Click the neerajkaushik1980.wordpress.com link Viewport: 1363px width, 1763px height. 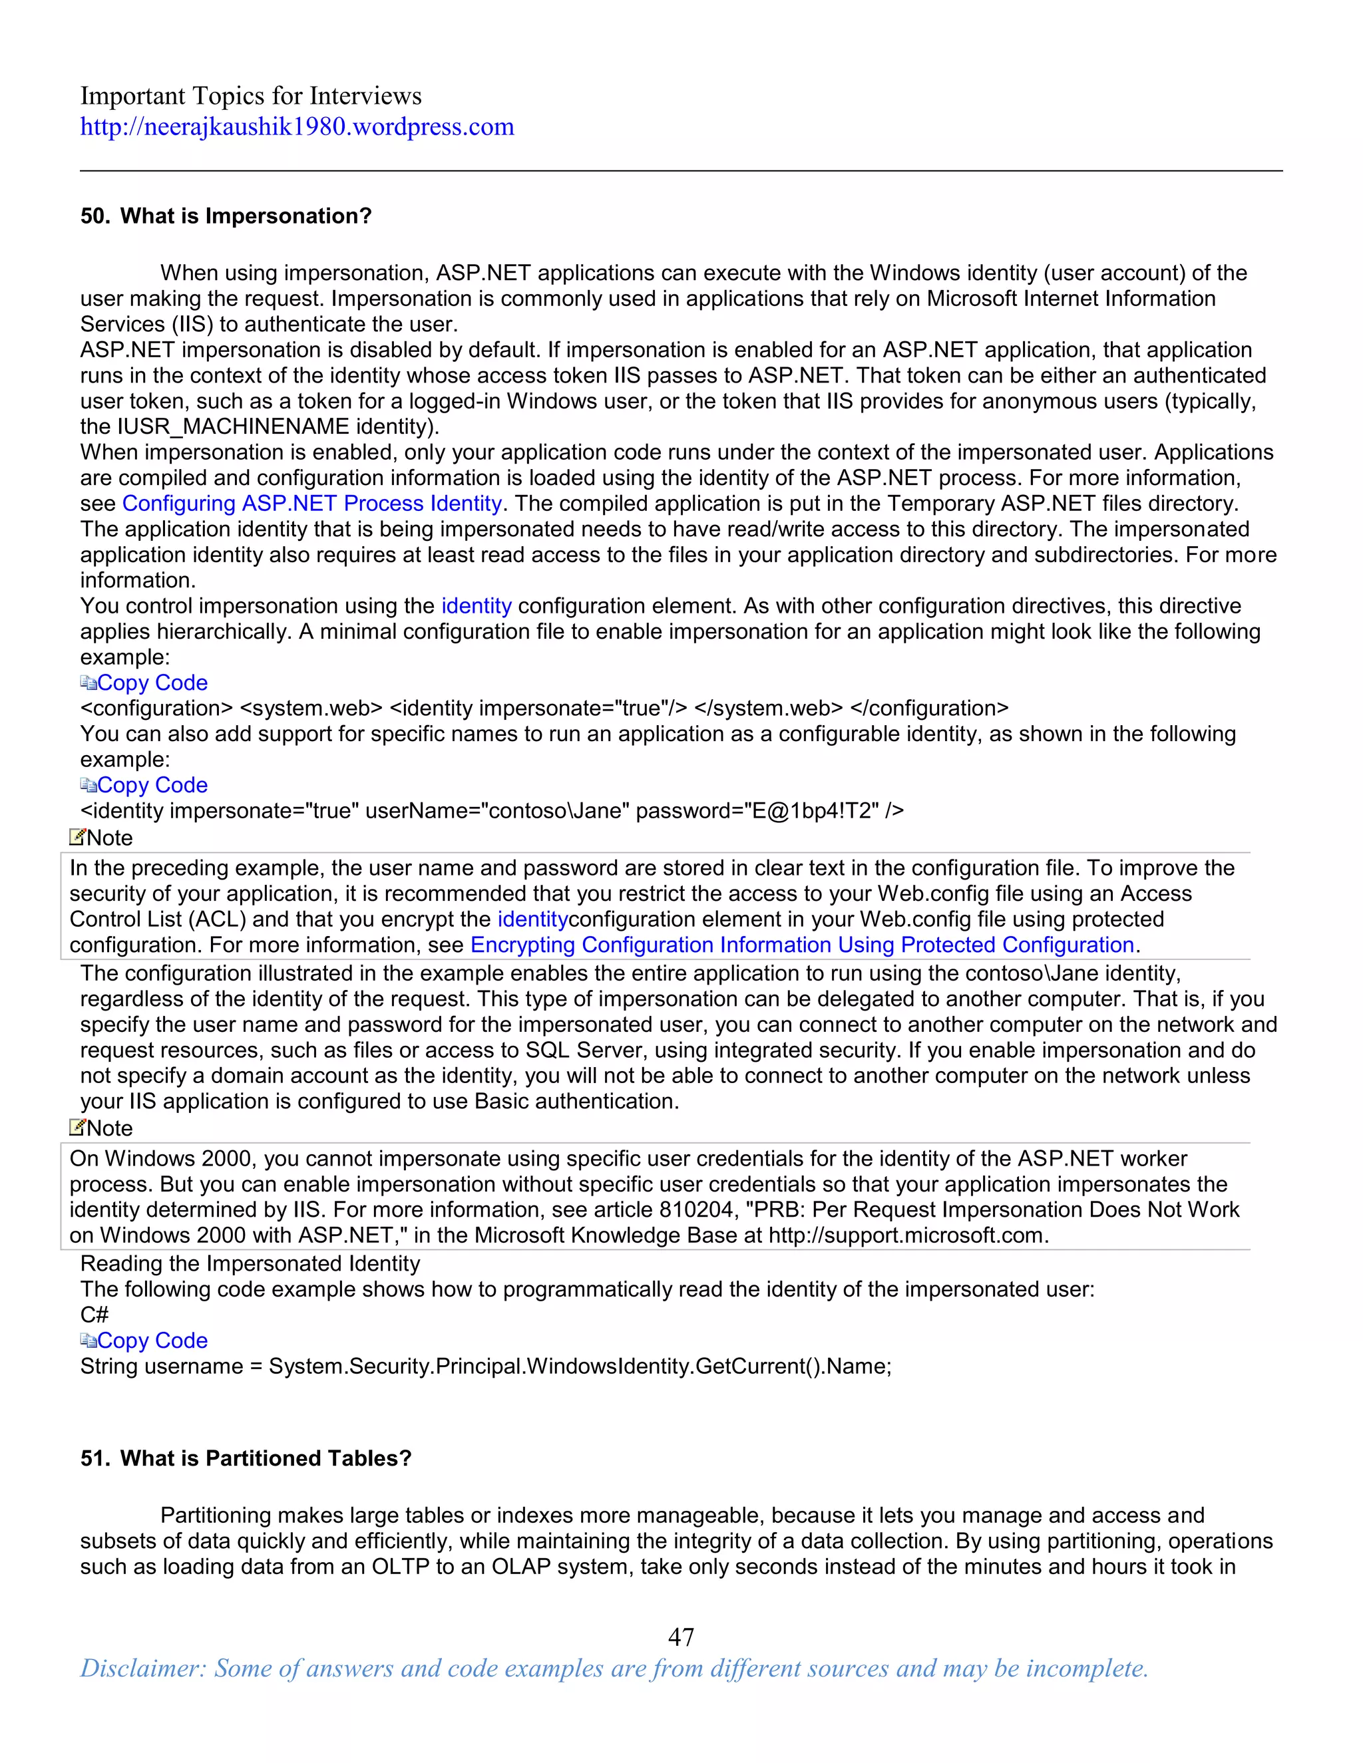296,126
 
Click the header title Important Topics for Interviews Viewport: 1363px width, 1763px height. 250,96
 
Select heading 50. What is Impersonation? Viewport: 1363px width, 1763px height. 226,216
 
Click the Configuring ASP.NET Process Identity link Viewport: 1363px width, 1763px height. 311,504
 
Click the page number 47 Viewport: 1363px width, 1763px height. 681,1637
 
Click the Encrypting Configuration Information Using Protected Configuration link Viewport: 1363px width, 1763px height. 803,945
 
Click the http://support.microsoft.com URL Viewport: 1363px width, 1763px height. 907,1236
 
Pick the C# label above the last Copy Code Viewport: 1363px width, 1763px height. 94,1315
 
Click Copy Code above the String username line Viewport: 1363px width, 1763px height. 152,1341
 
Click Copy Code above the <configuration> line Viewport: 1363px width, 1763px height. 152,683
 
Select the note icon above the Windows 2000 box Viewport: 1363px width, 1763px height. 77,1127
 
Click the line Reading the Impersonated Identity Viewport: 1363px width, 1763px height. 250,1264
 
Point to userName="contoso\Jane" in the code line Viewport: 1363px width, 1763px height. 497,810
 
